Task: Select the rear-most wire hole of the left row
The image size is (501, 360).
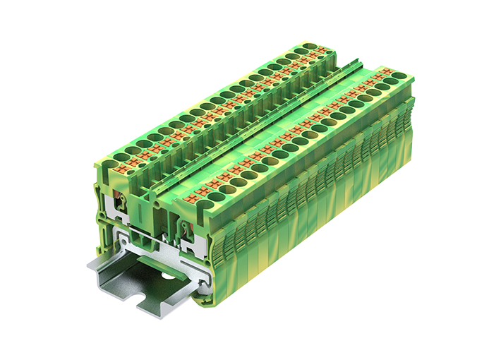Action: coord(308,51)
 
